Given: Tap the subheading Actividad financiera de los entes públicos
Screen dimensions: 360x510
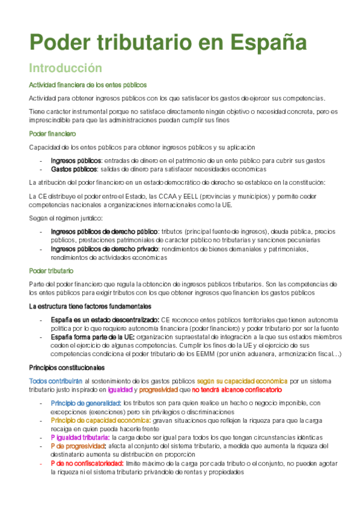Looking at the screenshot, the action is click(88, 85).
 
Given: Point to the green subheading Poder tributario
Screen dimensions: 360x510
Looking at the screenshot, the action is click(51, 271).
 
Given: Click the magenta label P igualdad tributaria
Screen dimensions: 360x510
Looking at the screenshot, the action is click(80, 437).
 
